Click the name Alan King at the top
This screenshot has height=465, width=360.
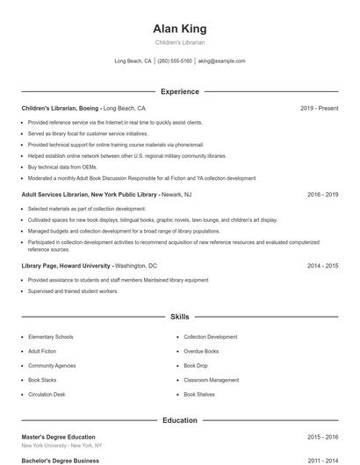[x=179, y=28]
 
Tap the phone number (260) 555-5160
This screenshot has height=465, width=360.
[x=175, y=61]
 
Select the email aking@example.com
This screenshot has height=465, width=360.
[x=221, y=61]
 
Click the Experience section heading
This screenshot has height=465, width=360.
[x=179, y=91]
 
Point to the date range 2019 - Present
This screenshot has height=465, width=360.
[x=319, y=108]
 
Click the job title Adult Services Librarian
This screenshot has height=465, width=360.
[x=59, y=194]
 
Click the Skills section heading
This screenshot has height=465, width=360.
[x=179, y=316]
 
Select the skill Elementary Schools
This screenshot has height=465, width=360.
[x=51, y=337]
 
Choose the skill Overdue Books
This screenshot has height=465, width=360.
[x=201, y=351]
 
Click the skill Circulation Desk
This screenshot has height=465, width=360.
[x=47, y=395]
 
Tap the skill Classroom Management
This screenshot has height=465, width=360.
[x=211, y=380]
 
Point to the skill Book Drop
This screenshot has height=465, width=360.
[x=196, y=366]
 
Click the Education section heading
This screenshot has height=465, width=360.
[x=179, y=420]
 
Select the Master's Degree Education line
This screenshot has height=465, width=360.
[x=58, y=437]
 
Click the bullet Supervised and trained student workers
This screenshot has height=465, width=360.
[x=73, y=290]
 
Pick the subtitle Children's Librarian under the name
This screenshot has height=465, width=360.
[x=179, y=42]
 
